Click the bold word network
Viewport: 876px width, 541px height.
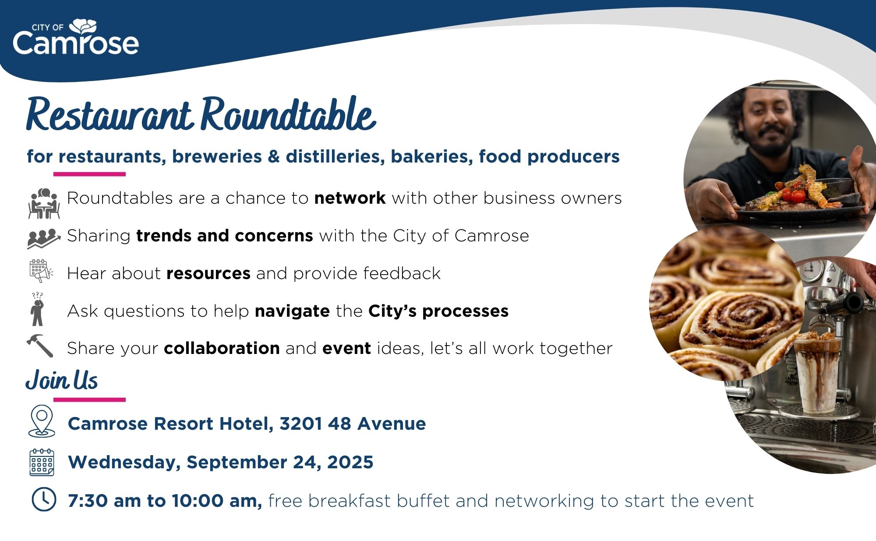coord(350,198)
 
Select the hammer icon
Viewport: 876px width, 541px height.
coord(40,346)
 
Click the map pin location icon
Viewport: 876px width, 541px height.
coord(42,421)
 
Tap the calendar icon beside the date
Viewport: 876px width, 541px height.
coord(42,462)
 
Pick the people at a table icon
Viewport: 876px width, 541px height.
coord(43,203)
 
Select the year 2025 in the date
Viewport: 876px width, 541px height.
coord(350,462)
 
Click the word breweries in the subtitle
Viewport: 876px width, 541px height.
coord(217,156)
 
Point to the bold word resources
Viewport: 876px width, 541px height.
coord(208,273)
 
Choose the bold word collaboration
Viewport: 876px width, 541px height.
coord(222,348)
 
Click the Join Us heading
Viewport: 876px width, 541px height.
coord(62,380)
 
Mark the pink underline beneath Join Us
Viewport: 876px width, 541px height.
coord(89,400)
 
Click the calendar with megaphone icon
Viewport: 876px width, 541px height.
coord(41,271)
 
